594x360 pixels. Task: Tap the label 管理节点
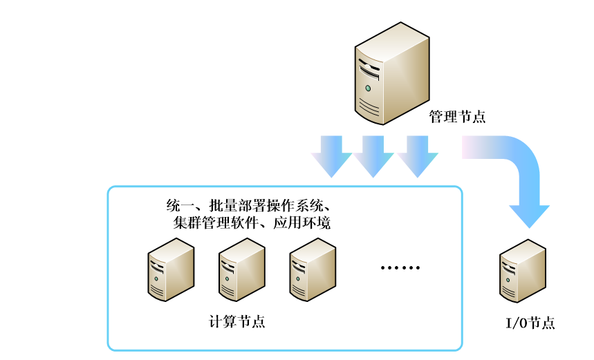tap(457, 116)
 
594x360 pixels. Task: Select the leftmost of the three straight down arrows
tap(332, 155)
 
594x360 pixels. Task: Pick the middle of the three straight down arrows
tap(374, 155)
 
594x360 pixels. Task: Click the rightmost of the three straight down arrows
tap(417, 155)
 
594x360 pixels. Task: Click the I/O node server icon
tap(521, 271)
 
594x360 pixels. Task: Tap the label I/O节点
tap(530, 323)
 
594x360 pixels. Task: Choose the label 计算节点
tap(236, 322)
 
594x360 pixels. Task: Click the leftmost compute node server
tap(171, 270)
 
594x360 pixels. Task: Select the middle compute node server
tap(242, 270)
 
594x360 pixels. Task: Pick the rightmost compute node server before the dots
tap(313, 270)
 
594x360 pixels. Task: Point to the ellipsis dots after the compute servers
tap(400, 268)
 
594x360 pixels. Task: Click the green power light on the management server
tap(368, 88)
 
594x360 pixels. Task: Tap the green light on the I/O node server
tap(508, 278)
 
